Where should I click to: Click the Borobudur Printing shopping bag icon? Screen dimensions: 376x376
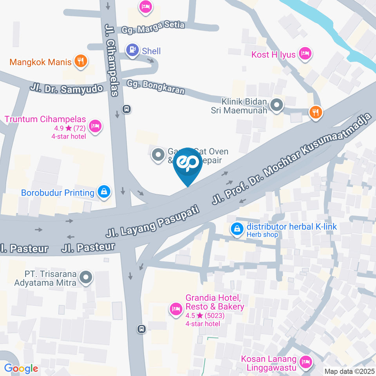(104, 191)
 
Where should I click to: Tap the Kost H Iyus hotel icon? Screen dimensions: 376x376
(305, 53)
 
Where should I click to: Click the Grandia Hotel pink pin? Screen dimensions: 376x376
(175, 309)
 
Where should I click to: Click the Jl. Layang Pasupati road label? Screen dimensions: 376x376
(153, 223)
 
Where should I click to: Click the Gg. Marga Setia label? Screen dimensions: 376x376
(153, 27)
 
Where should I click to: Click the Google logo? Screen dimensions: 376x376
(21, 368)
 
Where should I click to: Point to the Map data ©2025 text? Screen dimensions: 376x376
(349, 371)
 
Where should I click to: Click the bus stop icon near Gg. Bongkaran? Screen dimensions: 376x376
(127, 108)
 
